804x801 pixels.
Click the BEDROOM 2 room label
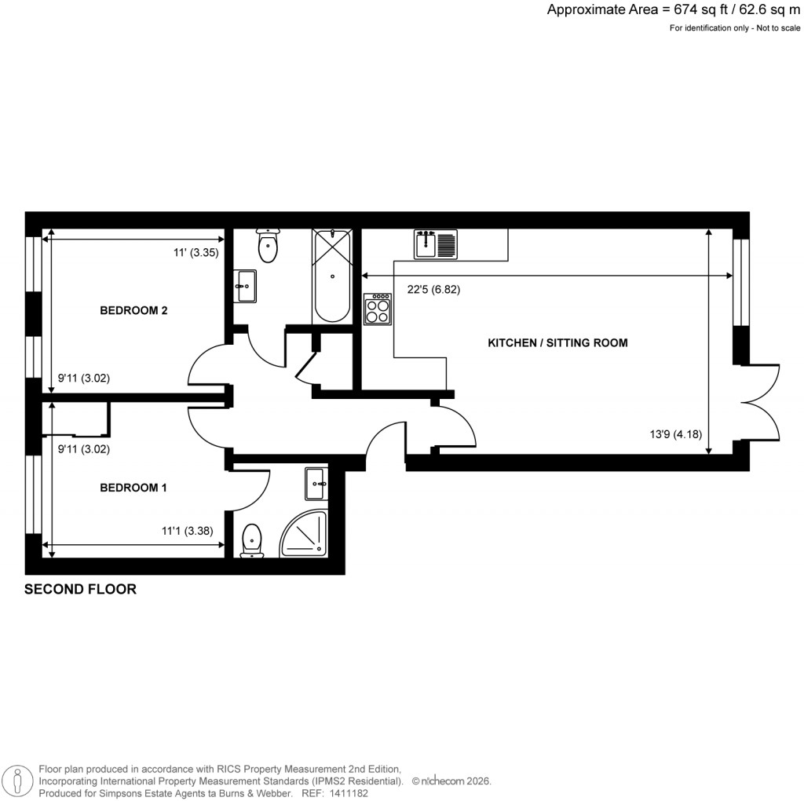tap(133, 310)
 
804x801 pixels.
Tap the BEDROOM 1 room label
tap(133, 488)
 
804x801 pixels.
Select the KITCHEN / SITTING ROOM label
tap(557, 343)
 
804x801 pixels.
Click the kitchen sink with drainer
tap(436, 243)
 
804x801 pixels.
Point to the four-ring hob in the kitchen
tap(378, 309)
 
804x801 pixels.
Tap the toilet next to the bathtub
tap(268, 246)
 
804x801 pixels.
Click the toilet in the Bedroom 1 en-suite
tap(252, 540)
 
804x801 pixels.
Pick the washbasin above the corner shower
tap(316, 483)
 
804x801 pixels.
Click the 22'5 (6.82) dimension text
tap(433, 289)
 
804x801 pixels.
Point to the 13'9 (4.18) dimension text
tap(675, 433)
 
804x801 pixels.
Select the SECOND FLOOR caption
tap(80, 589)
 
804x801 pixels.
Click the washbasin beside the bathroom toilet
tap(245, 285)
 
